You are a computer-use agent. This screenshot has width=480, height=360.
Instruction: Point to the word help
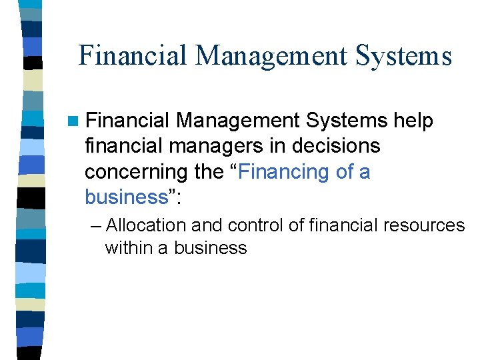click(413, 121)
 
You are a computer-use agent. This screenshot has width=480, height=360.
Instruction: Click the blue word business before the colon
click(125, 197)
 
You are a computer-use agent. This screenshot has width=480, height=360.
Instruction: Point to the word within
click(127, 248)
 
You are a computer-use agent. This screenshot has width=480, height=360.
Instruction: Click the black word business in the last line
click(211, 248)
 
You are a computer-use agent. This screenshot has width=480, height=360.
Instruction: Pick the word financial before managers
click(118, 147)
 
